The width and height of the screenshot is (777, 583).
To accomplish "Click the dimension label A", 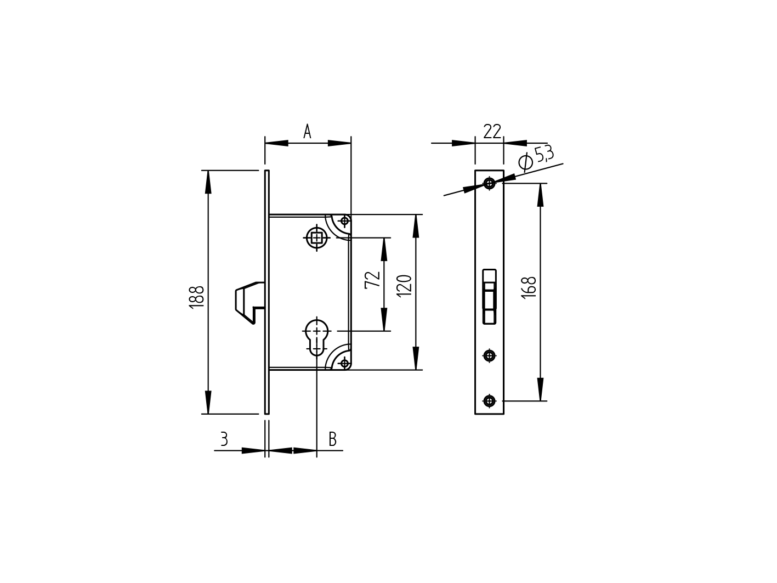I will click(307, 132).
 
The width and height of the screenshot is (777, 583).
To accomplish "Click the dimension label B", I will click(332, 439).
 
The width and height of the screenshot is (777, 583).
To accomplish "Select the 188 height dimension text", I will click(197, 296).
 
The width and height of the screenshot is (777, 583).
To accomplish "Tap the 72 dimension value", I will click(373, 279).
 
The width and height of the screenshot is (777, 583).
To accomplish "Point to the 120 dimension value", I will click(404, 286).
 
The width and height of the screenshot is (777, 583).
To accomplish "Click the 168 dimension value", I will click(529, 287).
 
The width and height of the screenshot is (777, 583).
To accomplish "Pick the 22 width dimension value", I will click(492, 132).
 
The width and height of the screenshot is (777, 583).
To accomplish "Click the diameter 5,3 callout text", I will click(536, 157).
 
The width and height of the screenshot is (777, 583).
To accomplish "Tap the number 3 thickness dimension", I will click(224, 439).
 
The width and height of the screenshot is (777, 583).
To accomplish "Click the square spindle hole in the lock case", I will click(316, 238).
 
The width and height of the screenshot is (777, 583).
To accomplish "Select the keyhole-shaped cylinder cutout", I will click(317, 336).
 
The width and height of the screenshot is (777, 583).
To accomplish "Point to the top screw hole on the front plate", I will click(489, 183).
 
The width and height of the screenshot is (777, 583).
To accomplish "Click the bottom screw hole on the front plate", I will click(489, 401).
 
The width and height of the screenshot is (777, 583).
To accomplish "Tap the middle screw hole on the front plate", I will click(489, 355).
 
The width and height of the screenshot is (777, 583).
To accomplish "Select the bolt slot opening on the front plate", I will click(489, 297).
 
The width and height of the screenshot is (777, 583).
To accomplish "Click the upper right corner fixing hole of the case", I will click(344, 221).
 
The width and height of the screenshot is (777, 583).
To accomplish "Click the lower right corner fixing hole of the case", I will click(344, 363).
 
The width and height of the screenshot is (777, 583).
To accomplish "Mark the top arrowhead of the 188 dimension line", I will click(208, 181).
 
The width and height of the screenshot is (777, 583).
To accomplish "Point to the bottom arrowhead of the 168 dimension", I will click(541, 390).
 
